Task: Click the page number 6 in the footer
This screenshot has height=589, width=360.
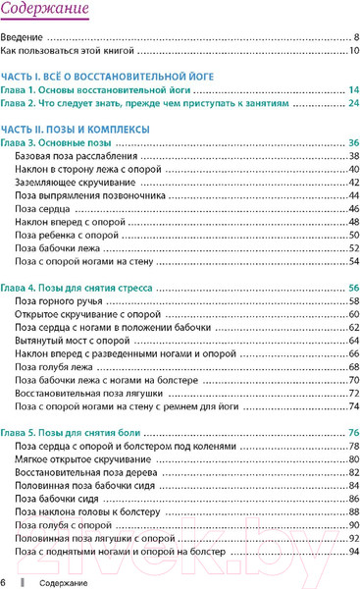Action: [5, 583]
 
